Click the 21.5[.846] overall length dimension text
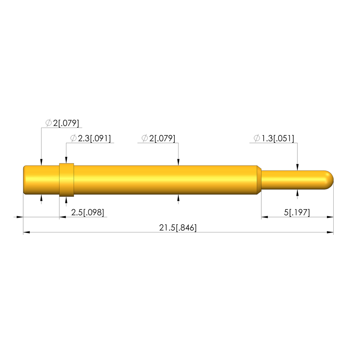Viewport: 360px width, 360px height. tap(178, 228)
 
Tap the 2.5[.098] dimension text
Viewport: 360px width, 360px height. tap(88, 212)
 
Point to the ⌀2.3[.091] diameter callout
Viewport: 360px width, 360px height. tap(90, 138)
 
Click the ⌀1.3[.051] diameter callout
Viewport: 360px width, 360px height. tap(274, 138)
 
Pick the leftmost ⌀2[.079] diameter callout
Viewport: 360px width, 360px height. tap(62, 123)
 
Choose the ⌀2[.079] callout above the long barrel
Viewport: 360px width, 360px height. tap(158, 138)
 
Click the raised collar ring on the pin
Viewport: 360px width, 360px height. tap(66, 180)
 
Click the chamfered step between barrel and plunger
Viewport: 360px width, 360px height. tap(259, 180)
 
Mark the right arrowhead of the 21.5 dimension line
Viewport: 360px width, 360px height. tap(330, 232)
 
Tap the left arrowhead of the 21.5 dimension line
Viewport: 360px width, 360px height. tap(26, 232)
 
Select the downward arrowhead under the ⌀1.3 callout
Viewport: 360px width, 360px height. tap(298, 167)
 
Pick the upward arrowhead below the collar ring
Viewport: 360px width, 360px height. tap(66, 200)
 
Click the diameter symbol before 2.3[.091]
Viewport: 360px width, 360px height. tap(73, 138)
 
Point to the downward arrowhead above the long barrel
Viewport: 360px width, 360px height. tap(179, 162)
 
